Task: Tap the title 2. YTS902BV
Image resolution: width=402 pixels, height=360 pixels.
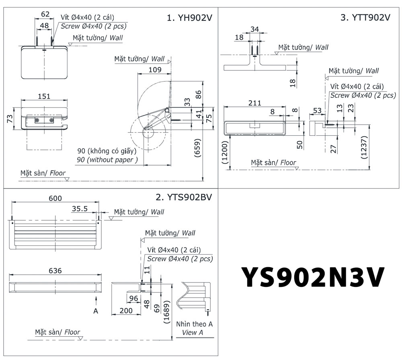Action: pos(183,197)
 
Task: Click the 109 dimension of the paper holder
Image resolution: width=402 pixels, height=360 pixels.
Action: pos(154,70)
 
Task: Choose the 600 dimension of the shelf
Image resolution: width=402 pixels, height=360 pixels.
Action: pos(55,198)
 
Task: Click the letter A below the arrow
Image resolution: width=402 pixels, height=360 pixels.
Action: pos(96,310)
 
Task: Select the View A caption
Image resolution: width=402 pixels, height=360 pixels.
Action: pos(192,332)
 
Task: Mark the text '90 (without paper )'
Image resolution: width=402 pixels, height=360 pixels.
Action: pos(107,160)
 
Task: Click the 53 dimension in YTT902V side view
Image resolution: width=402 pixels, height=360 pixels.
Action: pos(317,110)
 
